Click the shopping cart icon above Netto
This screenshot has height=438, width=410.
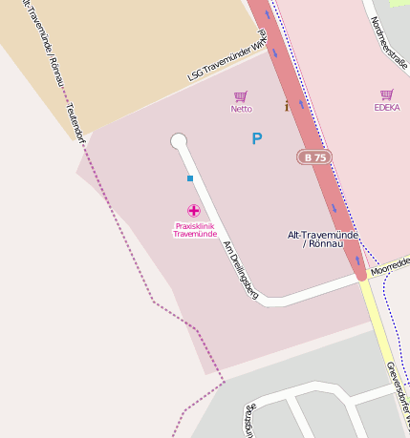[x=241, y=96]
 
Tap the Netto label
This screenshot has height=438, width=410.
[x=241, y=109]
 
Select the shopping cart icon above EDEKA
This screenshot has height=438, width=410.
[x=386, y=95]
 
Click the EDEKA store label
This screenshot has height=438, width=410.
[x=386, y=108]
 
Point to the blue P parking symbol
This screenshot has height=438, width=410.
[x=256, y=139]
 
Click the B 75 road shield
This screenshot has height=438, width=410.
[x=314, y=156]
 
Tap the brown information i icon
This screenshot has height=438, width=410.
[x=286, y=106]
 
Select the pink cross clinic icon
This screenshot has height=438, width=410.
[x=194, y=210]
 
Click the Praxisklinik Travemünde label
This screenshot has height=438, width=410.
[x=194, y=230]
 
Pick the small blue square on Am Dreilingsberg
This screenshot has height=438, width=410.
[x=190, y=178]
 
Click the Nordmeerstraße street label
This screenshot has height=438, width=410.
[x=389, y=40]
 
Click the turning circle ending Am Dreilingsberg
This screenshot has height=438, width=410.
[x=179, y=141]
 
